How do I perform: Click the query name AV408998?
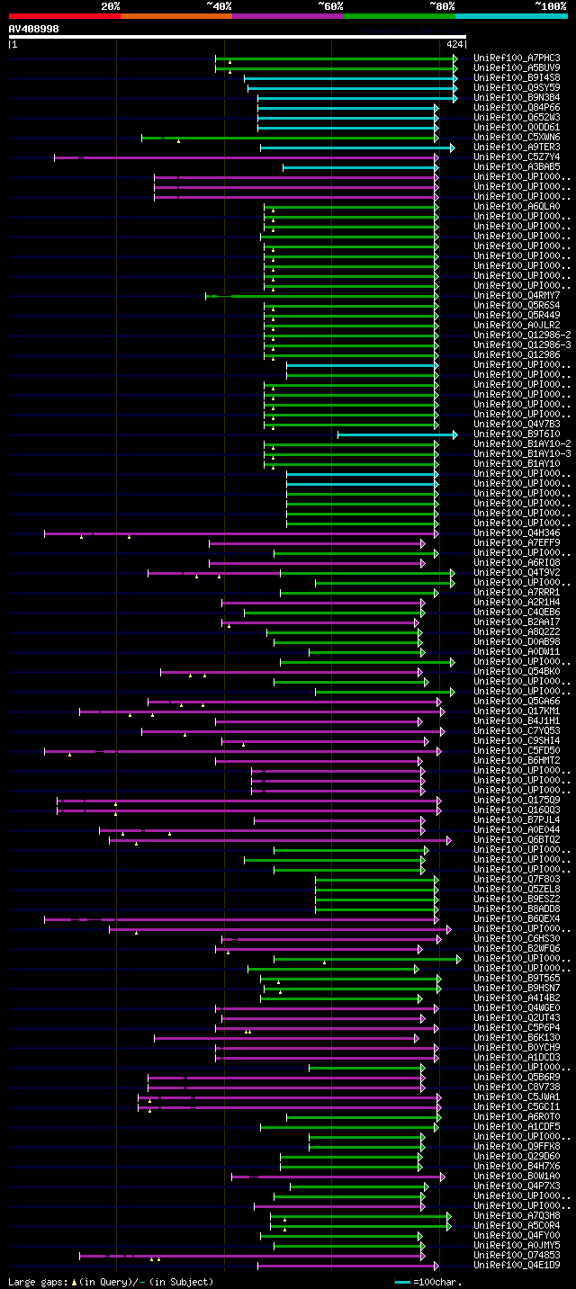pyautogui.click(x=34, y=29)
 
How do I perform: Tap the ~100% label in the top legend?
pyautogui.click(x=551, y=6)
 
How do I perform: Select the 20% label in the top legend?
pyautogui.click(x=111, y=6)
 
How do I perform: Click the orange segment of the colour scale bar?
pyautogui.click(x=175, y=15)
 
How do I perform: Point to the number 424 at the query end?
pyautogui.click(x=454, y=43)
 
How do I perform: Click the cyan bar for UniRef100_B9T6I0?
pyautogui.click(x=396, y=434)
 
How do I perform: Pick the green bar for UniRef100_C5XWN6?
pyautogui.click(x=288, y=138)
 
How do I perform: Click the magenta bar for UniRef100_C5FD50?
pyautogui.click(x=242, y=750)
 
